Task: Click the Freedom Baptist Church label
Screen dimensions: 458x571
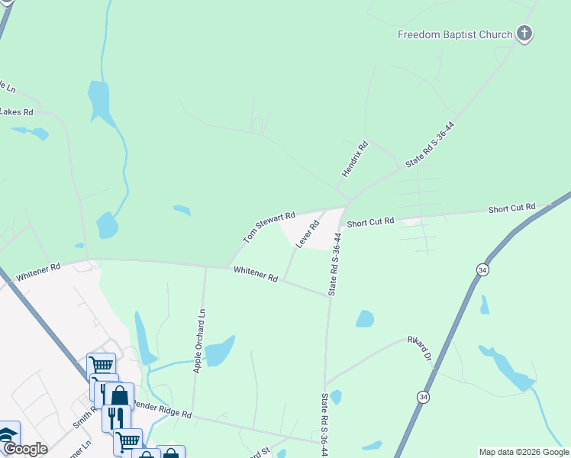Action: coord(455,34)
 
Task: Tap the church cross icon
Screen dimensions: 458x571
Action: coord(524,34)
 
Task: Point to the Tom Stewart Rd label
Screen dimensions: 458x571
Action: coord(269,227)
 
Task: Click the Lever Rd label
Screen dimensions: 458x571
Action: coord(306,234)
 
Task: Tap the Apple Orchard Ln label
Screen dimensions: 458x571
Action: coord(200,340)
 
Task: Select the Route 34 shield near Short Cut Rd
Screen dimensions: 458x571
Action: coord(482,270)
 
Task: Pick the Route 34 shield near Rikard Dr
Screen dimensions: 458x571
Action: coord(423,397)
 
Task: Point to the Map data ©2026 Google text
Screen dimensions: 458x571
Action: coord(524,452)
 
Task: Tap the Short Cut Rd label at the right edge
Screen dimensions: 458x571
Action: coord(512,208)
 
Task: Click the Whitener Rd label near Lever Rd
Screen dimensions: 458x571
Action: coord(256,273)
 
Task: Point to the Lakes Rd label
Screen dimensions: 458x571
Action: coord(17,111)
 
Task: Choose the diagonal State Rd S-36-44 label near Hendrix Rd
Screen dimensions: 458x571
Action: coord(430,144)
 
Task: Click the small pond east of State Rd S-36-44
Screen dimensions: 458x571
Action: coord(365,318)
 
